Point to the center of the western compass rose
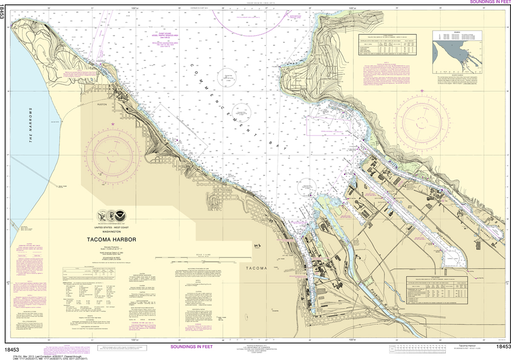coord(112,157)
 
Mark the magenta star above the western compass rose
coord(113,124)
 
